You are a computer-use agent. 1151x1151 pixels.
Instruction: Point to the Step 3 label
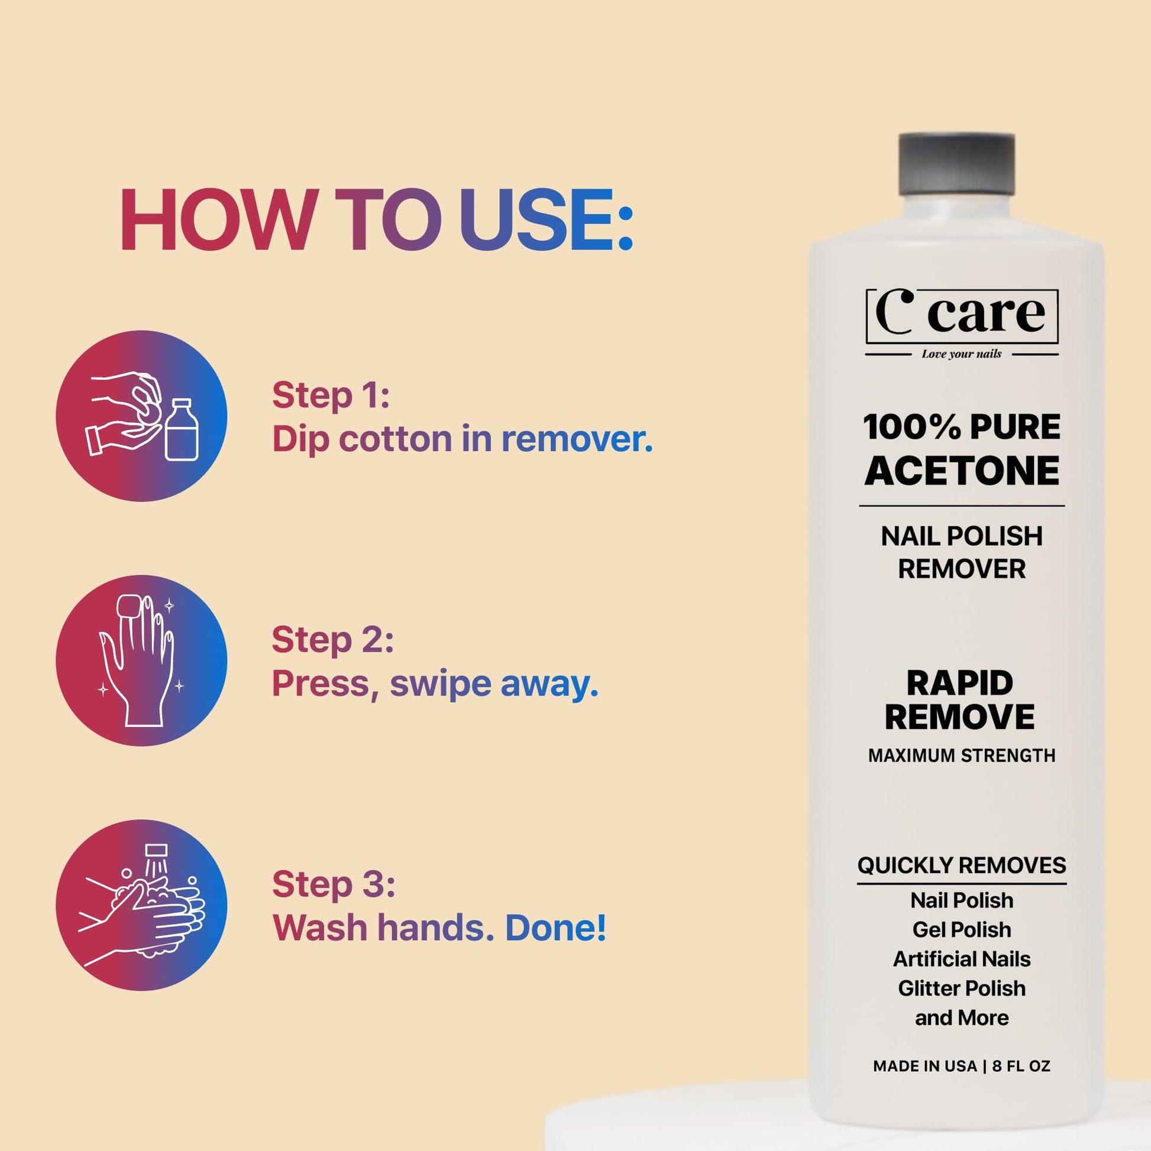(x=333, y=884)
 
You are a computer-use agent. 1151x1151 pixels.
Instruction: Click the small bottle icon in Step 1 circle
(x=182, y=429)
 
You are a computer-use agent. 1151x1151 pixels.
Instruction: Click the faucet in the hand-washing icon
(x=156, y=851)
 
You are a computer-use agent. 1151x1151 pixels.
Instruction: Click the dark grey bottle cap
(x=956, y=164)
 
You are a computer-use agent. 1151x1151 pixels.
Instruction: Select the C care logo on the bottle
(x=962, y=316)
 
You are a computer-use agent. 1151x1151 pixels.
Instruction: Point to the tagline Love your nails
(x=962, y=354)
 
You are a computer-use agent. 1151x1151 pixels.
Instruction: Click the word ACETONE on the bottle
(x=962, y=471)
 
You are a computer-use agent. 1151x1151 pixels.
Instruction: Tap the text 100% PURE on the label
(x=962, y=426)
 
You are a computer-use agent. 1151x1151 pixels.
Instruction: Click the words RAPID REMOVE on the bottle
(x=959, y=700)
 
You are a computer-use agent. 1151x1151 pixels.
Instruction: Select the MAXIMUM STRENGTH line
(x=962, y=755)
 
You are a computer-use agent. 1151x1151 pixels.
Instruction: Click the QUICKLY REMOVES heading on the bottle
(x=962, y=865)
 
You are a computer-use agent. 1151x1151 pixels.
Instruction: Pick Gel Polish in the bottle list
(x=962, y=929)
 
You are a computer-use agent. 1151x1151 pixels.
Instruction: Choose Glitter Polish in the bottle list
(x=962, y=988)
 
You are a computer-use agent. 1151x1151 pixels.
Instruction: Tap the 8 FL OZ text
(x=1020, y=1066)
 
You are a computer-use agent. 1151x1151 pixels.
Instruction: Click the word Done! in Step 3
(x=555, y=927)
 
